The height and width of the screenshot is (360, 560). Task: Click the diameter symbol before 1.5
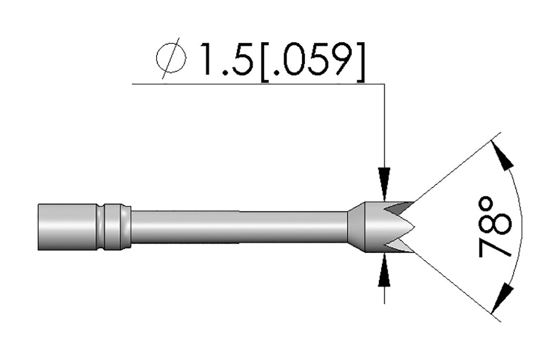[171, 60]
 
